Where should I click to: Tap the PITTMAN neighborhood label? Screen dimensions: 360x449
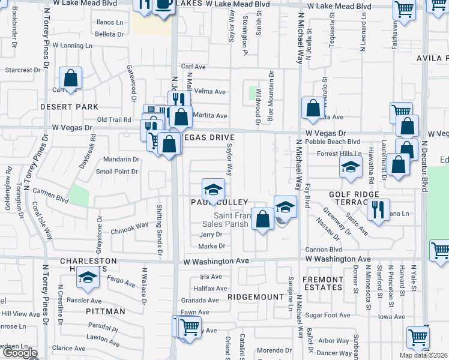click(x=106, y=311)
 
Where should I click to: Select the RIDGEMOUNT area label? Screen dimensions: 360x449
click(x=256, y=297)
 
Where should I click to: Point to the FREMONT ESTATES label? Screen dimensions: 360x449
click(x=323, y=283)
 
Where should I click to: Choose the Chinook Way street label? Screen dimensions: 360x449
click(x=129, y=226)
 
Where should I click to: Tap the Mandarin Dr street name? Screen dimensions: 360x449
click(x=121, y=160)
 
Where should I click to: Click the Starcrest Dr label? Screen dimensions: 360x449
click(x=22, y=70)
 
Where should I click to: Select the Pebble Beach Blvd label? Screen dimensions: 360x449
click(x=332, y=142)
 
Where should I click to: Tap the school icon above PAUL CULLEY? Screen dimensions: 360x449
click(x=212, y=190)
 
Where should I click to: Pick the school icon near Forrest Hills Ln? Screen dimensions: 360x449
click(x=352, y=167)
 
